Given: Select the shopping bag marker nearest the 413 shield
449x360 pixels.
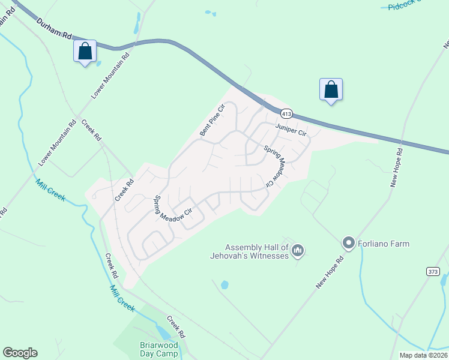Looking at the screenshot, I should [331, 89].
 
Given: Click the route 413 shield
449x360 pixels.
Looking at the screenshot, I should [286, 113].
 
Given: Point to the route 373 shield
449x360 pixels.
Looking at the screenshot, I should [433, 272].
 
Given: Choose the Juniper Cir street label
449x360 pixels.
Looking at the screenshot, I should [291, 129].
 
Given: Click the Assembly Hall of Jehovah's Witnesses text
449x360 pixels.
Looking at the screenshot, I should [256, 251].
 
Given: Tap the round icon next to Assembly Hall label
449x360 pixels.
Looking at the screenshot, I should [298, 251].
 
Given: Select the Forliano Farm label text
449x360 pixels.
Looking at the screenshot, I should [384, 244].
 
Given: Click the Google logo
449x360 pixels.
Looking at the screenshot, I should [20, 353].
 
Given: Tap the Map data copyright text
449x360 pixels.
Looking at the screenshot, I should [423, 355].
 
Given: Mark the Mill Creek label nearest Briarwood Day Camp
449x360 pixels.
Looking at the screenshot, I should [122, 296].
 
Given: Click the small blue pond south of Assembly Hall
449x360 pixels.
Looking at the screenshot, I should [224, 285].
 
